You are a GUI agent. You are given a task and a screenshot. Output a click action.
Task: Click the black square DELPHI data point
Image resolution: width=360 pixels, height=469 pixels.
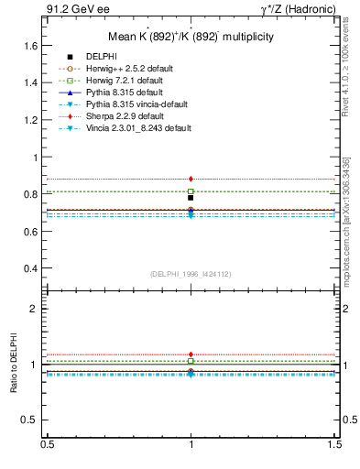click(x=191, y=198)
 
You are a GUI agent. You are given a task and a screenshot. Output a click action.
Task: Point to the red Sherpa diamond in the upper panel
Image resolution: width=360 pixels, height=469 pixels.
click(x=191, y=179)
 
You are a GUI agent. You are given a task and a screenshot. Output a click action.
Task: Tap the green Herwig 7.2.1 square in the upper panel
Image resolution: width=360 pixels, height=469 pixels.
click(x=191, y=191)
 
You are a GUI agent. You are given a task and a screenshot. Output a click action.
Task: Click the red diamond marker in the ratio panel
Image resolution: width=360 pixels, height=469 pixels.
click(x=191, y=354)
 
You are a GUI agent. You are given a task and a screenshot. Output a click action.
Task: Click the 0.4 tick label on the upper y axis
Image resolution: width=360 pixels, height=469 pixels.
click(x=31, y=268)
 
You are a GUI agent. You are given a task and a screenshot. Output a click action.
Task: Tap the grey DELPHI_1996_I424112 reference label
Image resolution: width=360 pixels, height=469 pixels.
click(x=190, y=273)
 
